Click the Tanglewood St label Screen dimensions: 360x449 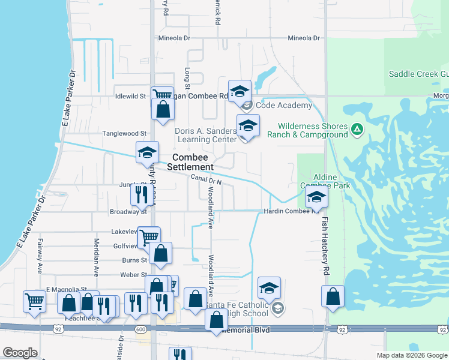point(124,133)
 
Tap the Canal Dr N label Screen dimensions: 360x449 point(206,179)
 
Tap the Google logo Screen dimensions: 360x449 point(20,353)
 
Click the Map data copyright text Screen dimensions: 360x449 point(411,355)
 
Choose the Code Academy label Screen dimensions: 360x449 point(284,106)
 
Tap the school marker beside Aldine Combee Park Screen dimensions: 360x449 point(316,197)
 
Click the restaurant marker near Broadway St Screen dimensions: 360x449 point(139,194)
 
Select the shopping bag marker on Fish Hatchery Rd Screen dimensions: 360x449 point(332,296)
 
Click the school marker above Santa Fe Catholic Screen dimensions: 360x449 point(270,288)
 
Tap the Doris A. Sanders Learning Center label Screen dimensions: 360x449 point(206,135)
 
